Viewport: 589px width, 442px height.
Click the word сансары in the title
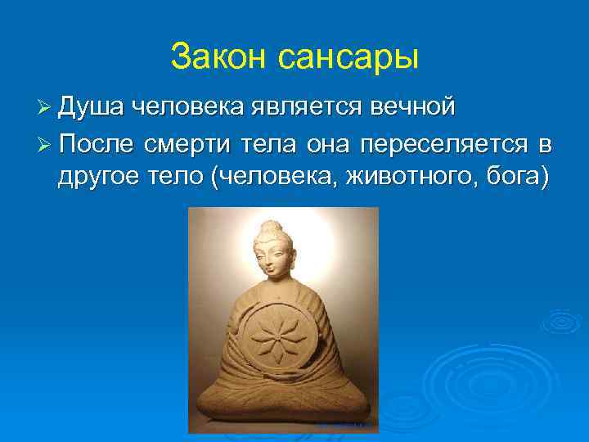tap(348, 57)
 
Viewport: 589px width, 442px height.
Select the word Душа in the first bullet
tap(92, 107)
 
